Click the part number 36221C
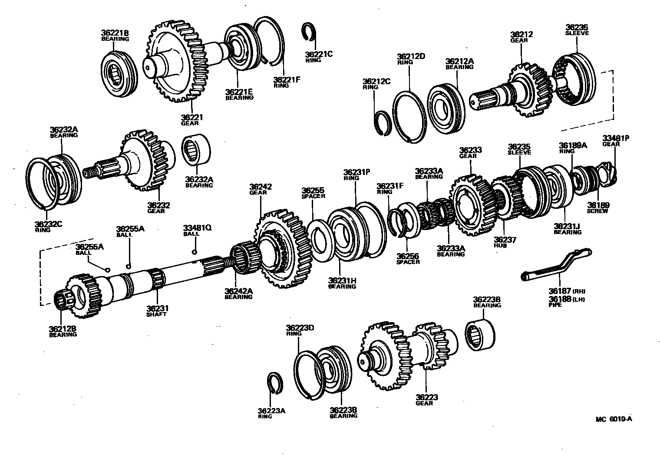click(318, 54)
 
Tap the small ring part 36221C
click(309, 33)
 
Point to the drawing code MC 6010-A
click(614, 419)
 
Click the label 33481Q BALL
click(197, 230)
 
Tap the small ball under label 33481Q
click(195, 252)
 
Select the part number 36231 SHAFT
click(157, 311)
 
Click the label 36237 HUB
click(504, 242)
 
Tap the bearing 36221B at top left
click(119, 74)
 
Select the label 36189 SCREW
click(597, 207)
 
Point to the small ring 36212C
click(383, 123)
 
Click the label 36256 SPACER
click(408, 259)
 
